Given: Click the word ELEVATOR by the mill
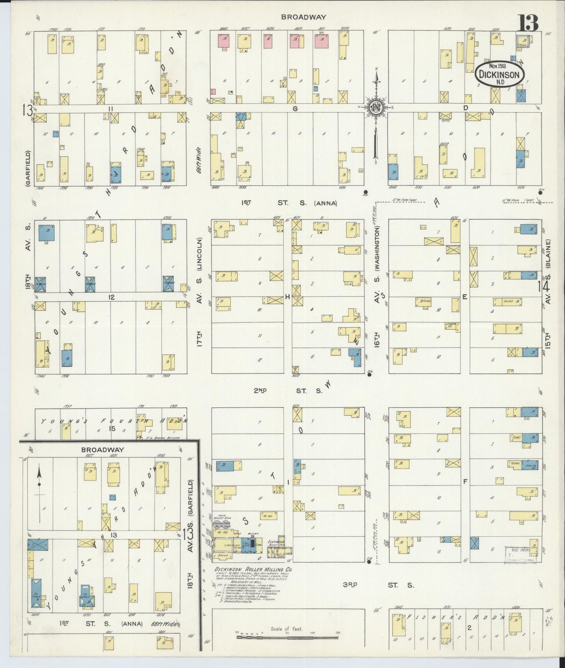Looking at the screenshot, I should pos(276,542).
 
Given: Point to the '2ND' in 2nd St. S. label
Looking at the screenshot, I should pos(260,390).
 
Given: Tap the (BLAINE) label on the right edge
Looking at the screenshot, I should pos(548,254).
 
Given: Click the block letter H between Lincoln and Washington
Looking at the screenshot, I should pos(287,297).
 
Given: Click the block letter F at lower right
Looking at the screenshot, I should pos(465,481).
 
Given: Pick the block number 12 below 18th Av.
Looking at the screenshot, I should pos(111,297).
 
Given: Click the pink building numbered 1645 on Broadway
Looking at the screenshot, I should pos(223,41).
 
